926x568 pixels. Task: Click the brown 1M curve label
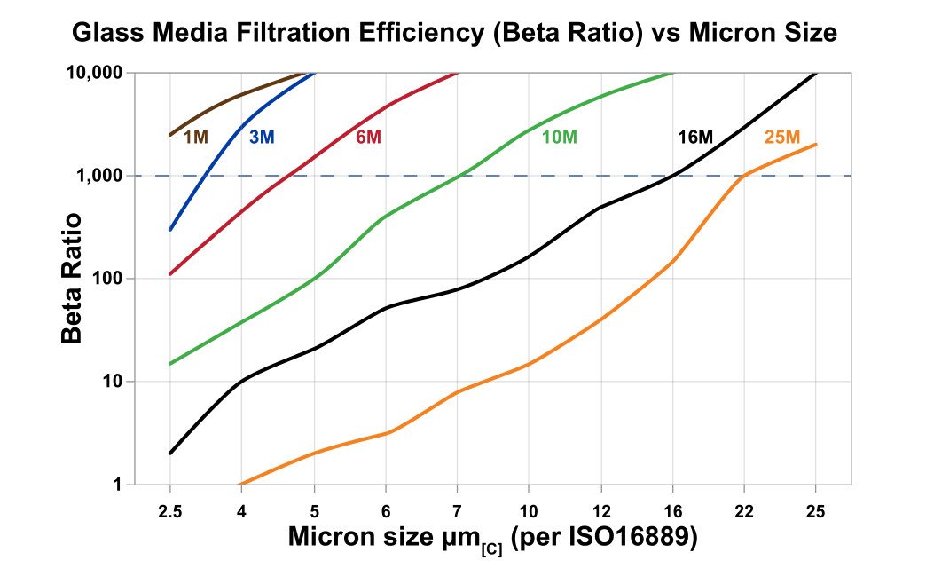coord(196,138)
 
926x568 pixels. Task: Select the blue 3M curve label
coord(262,138)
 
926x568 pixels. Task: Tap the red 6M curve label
coord(368,138)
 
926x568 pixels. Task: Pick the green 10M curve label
coord(560,138)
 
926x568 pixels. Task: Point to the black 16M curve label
coord(694,138)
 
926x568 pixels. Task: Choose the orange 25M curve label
coord(781,138)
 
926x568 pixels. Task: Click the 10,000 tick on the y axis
coord(94,73)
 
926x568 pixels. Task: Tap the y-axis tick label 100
coord(107,279)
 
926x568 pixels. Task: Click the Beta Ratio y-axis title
coord(74,278)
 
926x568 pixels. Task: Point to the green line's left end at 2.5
coord(169,363)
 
